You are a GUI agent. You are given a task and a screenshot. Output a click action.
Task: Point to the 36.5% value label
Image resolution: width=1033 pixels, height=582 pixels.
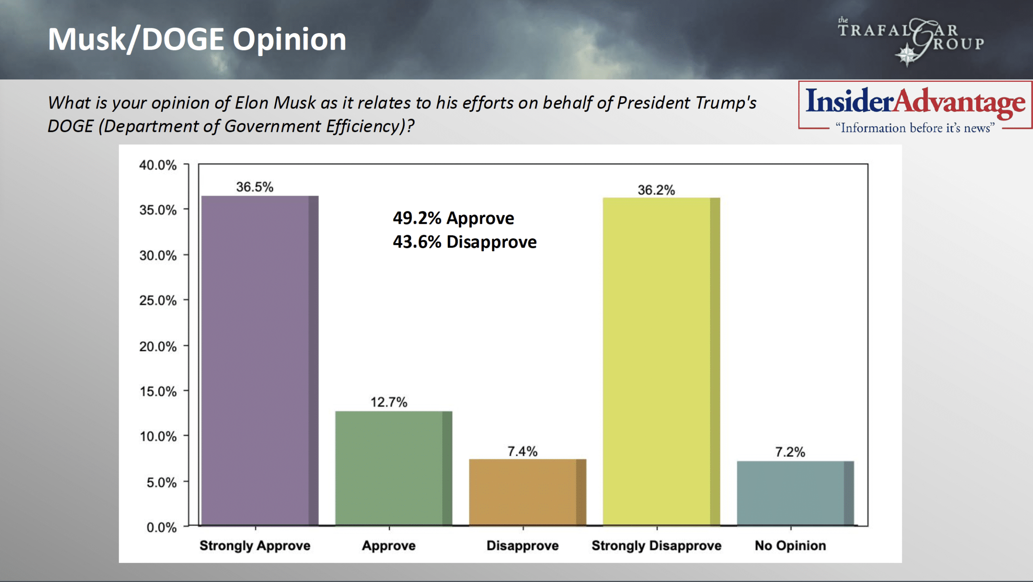[255, 187]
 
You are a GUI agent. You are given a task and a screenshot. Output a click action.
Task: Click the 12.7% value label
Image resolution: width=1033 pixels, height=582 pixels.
[389, 402]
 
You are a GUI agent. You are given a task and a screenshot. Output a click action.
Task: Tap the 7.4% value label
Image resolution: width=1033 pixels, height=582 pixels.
[522, 451]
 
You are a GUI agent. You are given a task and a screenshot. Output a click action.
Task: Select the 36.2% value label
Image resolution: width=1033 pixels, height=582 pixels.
[656, 190]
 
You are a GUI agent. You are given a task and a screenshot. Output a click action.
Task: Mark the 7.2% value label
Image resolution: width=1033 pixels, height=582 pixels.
[790, 452]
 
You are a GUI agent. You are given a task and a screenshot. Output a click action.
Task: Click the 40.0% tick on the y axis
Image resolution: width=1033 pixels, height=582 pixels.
[158, 165]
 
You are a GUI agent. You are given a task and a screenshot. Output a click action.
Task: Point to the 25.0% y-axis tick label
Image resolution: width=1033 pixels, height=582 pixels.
[158, 300]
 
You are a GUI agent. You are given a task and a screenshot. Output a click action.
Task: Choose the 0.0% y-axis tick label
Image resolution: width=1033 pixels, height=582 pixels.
[161, 527]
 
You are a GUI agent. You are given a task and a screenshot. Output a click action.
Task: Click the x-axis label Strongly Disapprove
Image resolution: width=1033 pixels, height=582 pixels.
[656, 545]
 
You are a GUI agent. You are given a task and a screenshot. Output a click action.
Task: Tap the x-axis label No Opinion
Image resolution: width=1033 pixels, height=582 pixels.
[790, 545]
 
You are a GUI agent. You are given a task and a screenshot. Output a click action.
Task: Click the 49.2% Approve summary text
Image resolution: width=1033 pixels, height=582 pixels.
[453, 218]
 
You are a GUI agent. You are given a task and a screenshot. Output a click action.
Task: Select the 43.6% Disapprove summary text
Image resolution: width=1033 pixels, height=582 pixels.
[464, 242]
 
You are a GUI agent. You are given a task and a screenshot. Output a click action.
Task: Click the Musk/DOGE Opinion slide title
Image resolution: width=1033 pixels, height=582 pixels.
[197, 39]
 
